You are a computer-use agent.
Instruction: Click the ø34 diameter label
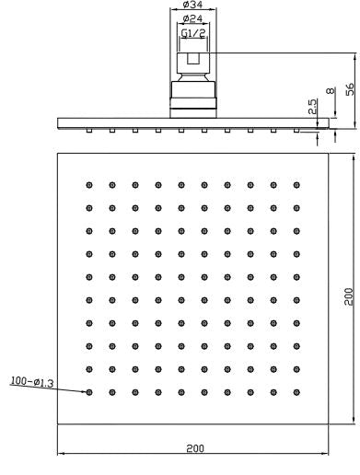coord(192,6)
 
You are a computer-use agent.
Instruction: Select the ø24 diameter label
coord(192,18)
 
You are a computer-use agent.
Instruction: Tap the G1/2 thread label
coord(192,33)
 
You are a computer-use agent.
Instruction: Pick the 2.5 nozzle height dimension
coord(313,107)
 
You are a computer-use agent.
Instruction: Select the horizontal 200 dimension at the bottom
coord(194,446)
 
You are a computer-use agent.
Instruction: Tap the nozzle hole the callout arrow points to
coord(90,392)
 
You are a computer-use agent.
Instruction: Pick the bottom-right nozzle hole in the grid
coord(296,392)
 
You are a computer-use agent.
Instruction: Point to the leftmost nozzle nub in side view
coord(88,130)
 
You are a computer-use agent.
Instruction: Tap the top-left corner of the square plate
coord(58,152)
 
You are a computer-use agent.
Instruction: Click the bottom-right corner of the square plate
coord(330,425)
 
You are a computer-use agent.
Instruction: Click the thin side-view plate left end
coord(59,122)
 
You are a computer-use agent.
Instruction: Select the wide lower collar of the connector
coord(192,95)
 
